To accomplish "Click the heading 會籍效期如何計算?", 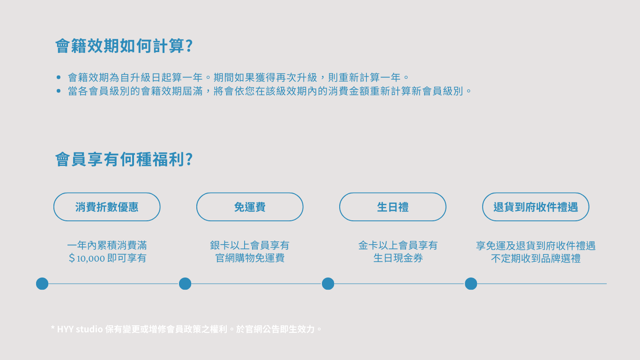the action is click(x=124, y=46).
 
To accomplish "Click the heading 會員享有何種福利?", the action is click(x=124, y=159).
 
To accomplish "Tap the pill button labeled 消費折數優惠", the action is click(x=107, y=207).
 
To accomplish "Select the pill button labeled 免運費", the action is click(x=250, y=207).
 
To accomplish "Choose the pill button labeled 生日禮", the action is click(x=393, y=207).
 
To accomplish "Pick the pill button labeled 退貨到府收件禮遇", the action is click(x=536, y=207).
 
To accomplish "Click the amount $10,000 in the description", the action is click(x=87, y=258).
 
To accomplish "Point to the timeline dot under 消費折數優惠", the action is click(x=42, y=284).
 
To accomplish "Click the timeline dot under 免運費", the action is click(x=185, y=284).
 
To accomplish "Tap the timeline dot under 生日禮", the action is click(x=328, y=284).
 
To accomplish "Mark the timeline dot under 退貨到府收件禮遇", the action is click(x=471, y=284).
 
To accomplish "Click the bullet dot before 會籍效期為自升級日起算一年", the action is click(x=59, y=77).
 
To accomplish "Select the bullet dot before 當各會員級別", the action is click(x=59, y=91).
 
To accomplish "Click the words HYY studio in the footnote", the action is click(x=80, y=329).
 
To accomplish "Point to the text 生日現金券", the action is click(x=398, y=258).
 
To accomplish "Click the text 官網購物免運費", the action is click(x=250, y=258).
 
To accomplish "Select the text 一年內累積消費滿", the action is click(x=107, y=245).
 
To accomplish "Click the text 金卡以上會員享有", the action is click(x=398, y=245).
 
